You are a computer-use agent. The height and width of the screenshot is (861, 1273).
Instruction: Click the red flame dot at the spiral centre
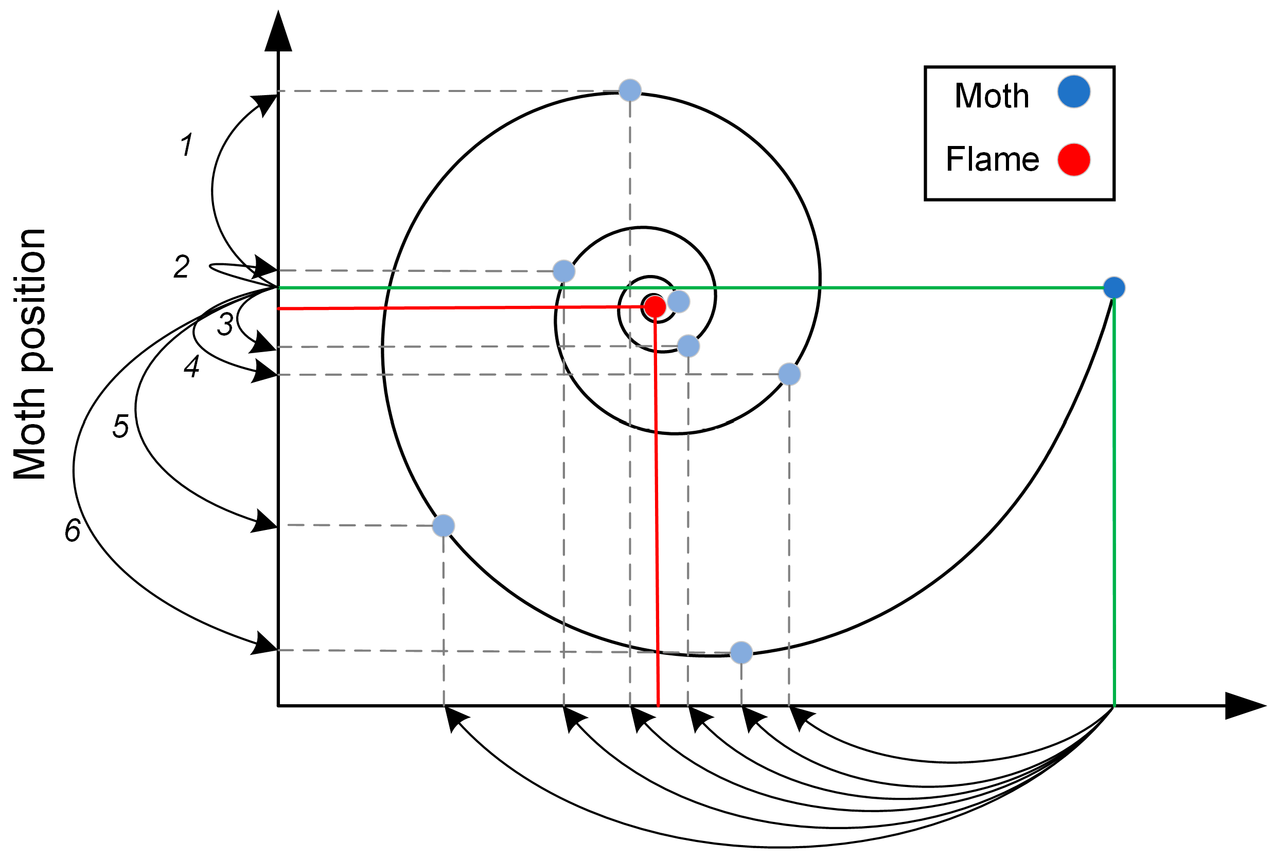coord(655,306)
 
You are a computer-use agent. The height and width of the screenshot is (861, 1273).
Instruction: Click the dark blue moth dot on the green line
coord(1114,287)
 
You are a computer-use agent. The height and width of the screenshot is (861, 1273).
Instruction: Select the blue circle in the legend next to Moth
coord(1074,91)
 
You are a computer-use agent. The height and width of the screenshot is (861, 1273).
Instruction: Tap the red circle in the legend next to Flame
coord(1074,159)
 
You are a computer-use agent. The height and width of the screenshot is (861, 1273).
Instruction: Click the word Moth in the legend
coord(992,96)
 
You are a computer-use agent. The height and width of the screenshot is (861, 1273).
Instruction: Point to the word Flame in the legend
coord(992,159)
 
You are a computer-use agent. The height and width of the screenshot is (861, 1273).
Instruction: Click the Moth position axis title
coord(30,354)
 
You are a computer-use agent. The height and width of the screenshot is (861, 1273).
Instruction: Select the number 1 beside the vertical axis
coord(187,145)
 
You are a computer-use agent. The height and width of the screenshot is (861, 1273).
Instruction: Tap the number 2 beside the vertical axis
coord(181,267)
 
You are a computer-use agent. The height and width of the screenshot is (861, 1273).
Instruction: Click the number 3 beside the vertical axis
coord(225,324)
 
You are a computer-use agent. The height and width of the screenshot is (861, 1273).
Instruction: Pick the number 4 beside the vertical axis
coord(192,366)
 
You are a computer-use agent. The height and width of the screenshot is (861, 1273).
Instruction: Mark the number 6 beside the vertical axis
coord(73,530)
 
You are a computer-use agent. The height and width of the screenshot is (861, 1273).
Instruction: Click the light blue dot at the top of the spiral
coord(630,90)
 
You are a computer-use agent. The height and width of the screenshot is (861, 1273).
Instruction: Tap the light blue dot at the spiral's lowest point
coord(741,652)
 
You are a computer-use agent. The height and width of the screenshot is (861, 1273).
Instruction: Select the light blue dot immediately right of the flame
coord(679,301)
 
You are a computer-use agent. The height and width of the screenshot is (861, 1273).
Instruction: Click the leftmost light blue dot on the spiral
coord(443,525)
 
